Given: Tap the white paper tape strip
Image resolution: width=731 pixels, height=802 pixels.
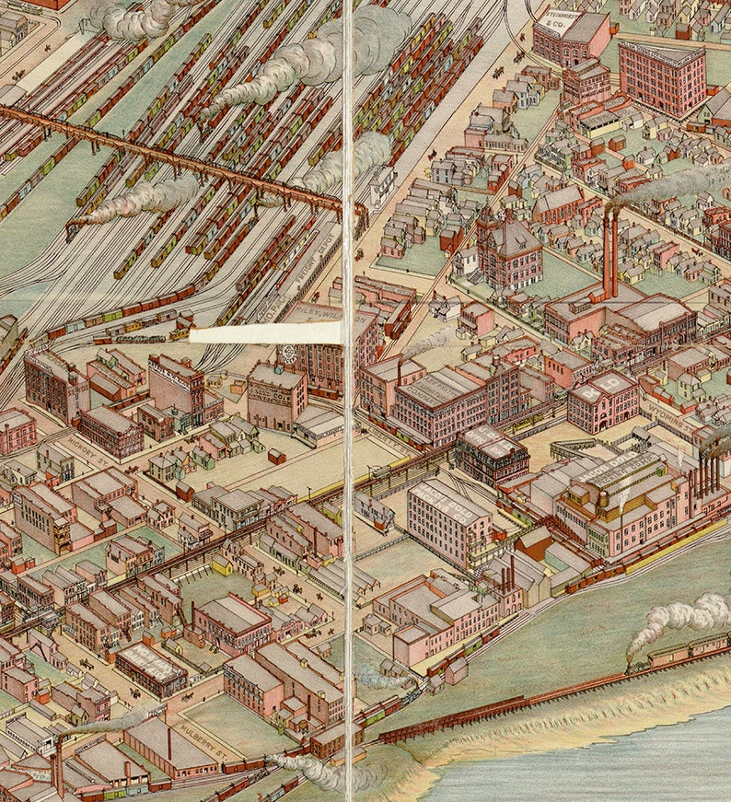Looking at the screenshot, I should click(267, 333).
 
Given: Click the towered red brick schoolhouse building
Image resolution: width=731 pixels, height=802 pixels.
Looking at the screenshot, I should click(507, 249).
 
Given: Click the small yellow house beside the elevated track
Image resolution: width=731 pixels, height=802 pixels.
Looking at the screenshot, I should click(222, 564).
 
